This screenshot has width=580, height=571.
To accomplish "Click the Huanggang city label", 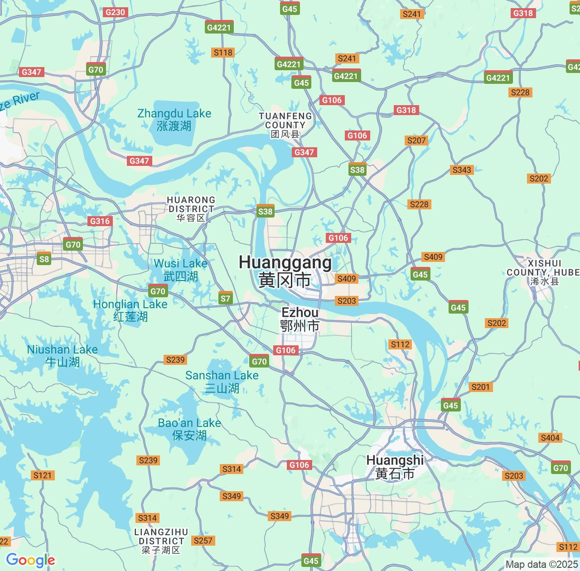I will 285,271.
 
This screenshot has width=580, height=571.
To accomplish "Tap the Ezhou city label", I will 300,319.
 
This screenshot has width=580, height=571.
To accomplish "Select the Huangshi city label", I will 395,467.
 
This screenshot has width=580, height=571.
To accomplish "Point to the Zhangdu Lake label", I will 174,119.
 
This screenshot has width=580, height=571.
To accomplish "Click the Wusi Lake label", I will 180,270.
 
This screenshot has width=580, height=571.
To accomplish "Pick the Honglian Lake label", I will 130,310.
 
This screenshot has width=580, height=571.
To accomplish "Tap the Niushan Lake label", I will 63,355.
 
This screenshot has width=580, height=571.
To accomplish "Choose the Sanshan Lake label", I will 222,381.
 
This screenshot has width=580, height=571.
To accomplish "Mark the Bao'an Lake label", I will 189,429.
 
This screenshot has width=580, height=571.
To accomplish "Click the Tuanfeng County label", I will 285,125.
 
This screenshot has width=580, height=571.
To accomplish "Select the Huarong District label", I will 191,208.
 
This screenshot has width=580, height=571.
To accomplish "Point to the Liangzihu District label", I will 161,541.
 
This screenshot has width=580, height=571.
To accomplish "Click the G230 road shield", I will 115,12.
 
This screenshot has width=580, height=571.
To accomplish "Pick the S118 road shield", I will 222,53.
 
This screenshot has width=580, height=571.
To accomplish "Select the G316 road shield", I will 100,221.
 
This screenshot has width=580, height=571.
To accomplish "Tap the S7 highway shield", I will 225,298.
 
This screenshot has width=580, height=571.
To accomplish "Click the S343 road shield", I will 462,170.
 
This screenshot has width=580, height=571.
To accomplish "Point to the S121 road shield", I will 43,475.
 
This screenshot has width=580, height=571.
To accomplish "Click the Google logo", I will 30,561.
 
